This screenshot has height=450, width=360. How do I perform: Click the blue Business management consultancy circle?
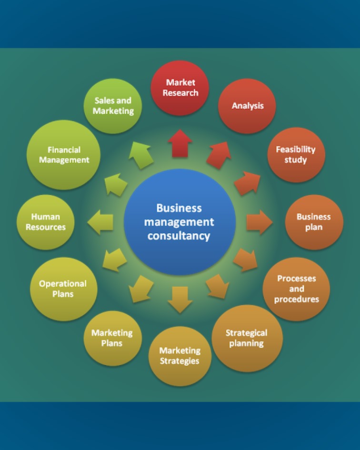[x=180, y=222]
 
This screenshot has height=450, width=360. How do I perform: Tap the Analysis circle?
[x=247, y=106]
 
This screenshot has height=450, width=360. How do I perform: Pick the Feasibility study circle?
[x=296, y=155]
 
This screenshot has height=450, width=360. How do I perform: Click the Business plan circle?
[x=314, y=222]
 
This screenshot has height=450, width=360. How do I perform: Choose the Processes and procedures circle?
[x=296, y=289]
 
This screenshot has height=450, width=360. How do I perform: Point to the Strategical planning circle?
[x=247, y=338]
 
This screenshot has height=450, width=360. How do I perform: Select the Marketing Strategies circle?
[x=180, y=356]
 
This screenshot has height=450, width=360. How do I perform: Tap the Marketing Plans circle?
[x=112, y=338]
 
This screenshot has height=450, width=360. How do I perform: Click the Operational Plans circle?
[x=63, y=289]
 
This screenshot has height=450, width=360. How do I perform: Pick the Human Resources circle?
[x=46, y=222]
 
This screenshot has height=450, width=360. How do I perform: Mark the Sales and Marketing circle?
[x=113, y=106]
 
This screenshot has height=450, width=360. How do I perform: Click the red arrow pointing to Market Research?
[x=180, y=143]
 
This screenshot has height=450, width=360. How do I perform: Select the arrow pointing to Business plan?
[x=259, y=222]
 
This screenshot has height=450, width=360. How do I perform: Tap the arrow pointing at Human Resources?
[x=101, y=222]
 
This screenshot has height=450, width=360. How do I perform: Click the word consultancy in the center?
[x=179, y=236]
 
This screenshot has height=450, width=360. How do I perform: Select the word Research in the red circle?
[x=180, y=93]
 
